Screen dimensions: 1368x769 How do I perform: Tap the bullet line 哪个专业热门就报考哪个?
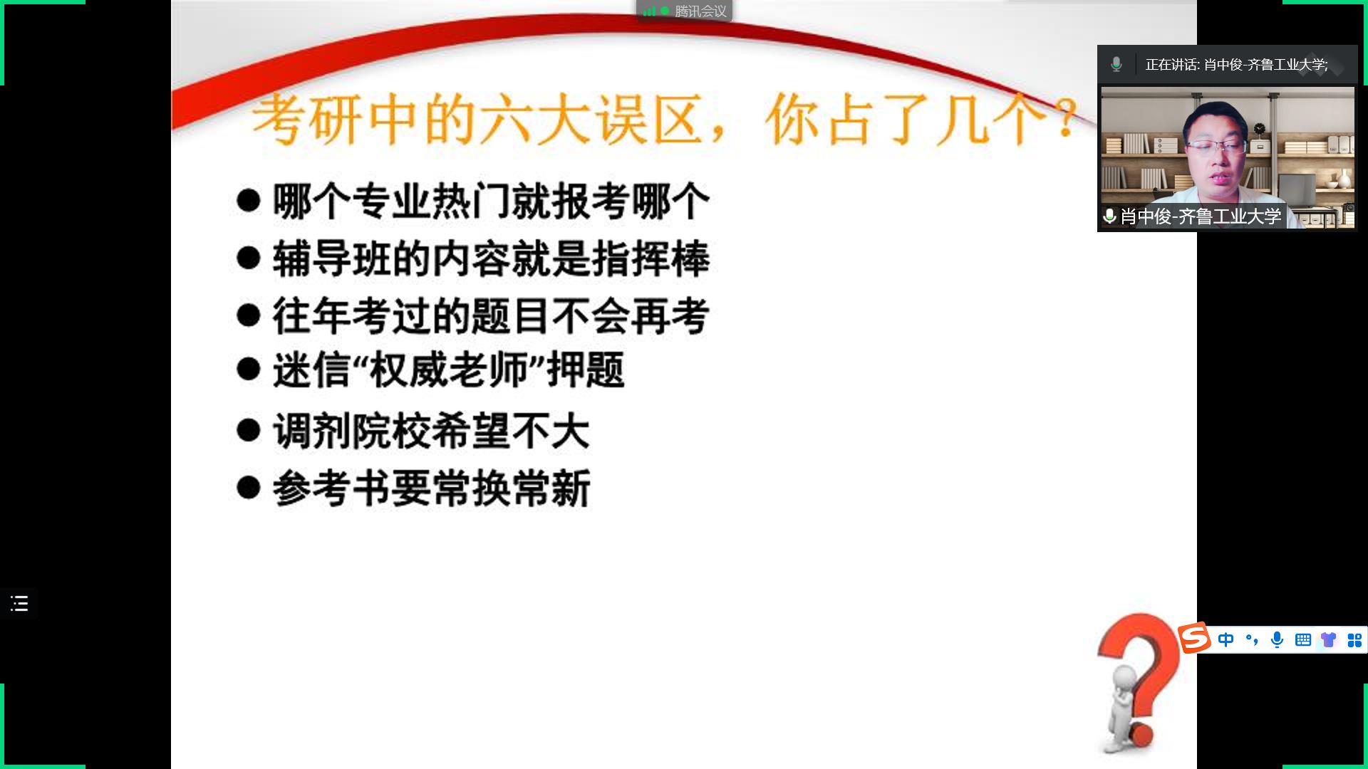coord(491,202)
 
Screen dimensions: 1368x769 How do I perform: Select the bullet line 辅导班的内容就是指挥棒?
coord(491,258)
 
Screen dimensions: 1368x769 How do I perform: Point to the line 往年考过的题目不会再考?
coord(491,316)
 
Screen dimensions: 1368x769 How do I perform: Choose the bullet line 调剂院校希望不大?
coord(431,431)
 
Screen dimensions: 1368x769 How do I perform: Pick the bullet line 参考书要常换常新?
coord(431,488)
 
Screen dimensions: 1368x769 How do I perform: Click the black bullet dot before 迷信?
coord(248,369)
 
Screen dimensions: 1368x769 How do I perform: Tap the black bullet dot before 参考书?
coord(248,488)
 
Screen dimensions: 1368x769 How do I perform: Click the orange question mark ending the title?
coord(1067,118)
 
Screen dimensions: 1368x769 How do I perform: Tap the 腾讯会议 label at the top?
coord(701,11)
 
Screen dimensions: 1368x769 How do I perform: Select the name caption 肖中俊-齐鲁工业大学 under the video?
coord(1201,216)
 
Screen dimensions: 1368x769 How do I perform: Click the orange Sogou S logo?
coord(1194,637)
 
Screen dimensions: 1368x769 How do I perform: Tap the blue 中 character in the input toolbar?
coord(1226,639)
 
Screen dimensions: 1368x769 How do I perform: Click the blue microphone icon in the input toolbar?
coord(1278,639)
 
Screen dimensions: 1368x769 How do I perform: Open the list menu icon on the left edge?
coord(19,604)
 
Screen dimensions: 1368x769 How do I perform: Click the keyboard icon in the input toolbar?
coord(1303,639)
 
